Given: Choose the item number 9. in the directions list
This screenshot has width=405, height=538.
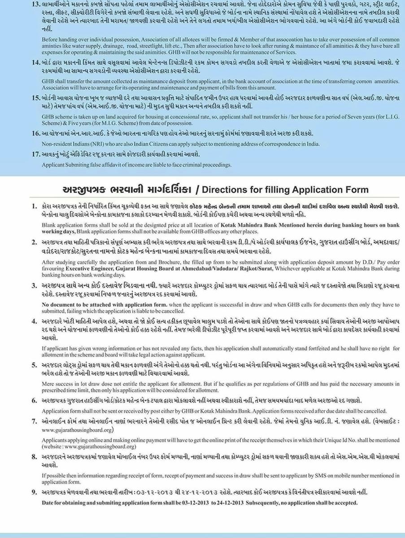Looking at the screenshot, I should click(34, 492).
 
